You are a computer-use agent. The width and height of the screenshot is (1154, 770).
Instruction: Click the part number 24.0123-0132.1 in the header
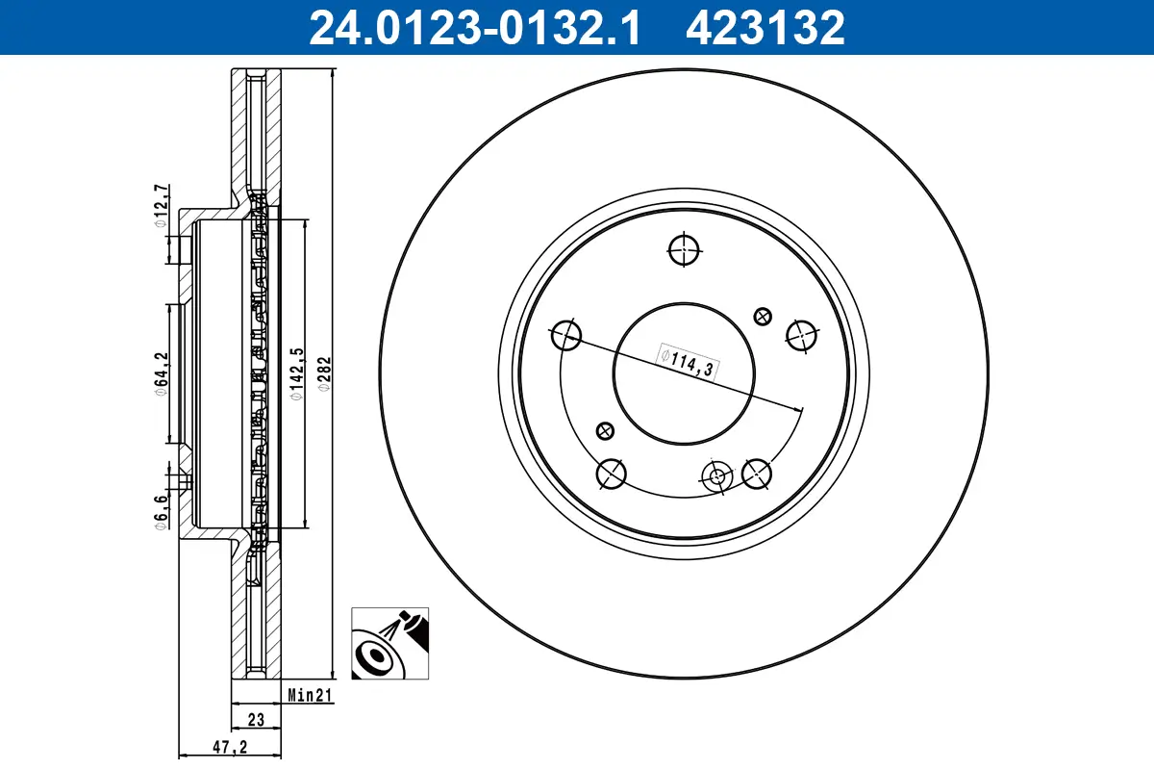(x=473, y=27)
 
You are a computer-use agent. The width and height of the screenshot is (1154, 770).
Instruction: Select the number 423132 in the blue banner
(x=765, y=27)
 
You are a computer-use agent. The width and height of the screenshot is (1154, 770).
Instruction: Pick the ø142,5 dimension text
(x=296, y=373)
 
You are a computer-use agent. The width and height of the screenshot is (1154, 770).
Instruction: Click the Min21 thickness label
(x=310, y=696)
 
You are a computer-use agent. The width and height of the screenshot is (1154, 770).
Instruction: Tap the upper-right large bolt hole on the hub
(x=801, y=335)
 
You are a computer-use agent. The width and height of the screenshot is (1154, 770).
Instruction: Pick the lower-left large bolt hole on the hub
(x=611, y=473)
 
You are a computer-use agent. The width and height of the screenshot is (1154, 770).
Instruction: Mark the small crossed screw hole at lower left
(x=605, y=429)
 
